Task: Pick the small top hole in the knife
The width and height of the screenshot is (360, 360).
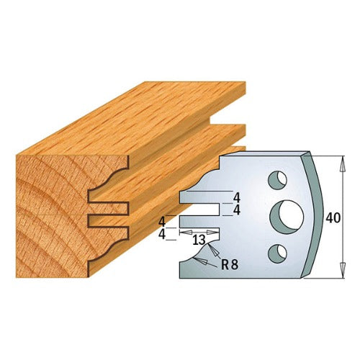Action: (276, 176)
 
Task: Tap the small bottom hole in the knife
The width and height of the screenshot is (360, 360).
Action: (276, 252)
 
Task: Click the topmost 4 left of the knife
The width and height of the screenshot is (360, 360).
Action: (163, 221)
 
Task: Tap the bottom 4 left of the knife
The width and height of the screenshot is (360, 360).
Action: (163, 234)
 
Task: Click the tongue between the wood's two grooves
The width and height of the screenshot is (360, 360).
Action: (108, 207)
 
